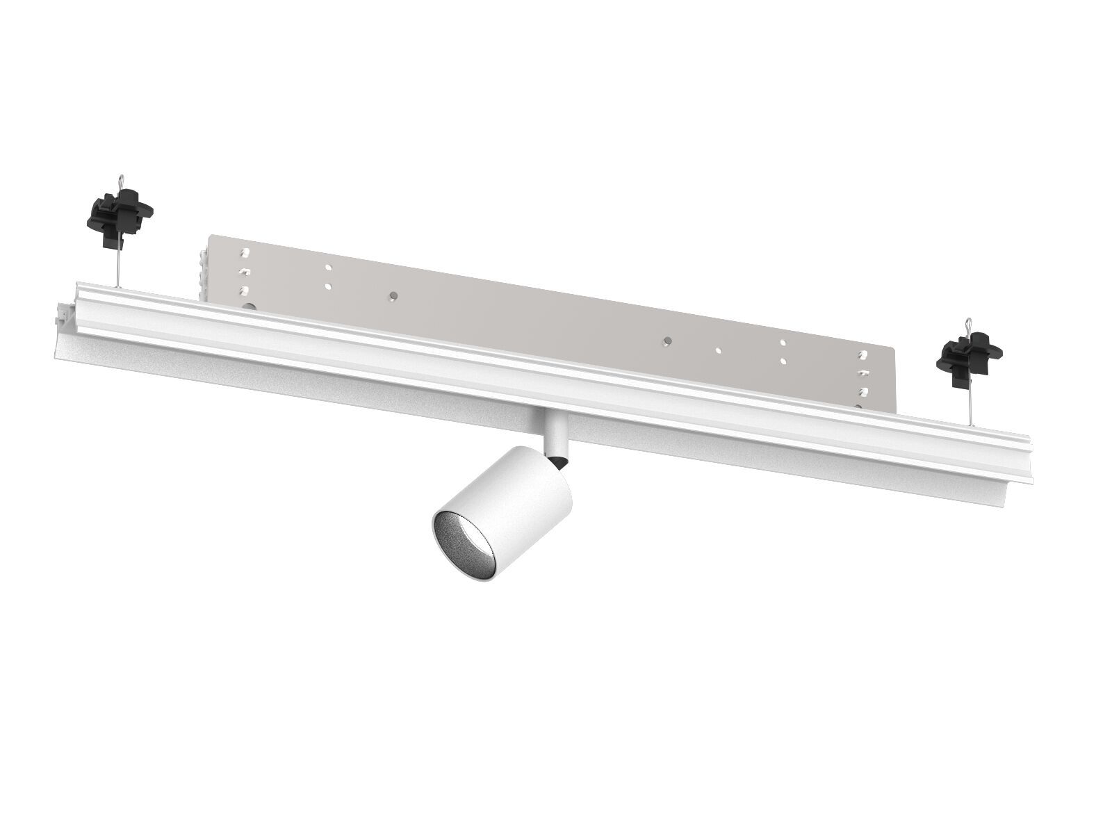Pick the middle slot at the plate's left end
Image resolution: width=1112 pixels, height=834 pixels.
coord(244,272)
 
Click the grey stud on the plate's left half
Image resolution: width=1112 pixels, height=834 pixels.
coord(393,295)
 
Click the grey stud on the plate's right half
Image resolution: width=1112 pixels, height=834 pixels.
coord(667,341)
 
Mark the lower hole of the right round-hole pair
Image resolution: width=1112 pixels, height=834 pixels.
coord(783,361)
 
